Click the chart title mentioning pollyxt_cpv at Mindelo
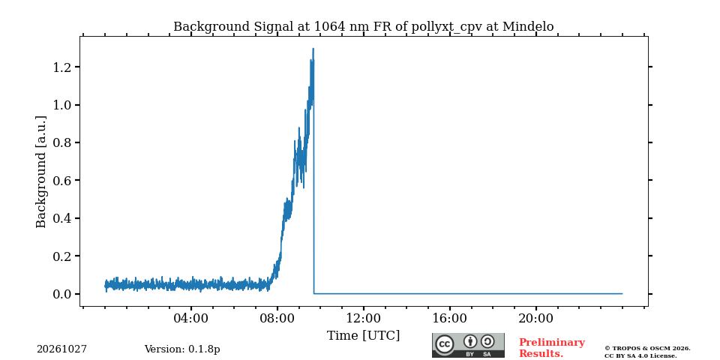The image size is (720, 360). click(363, 27)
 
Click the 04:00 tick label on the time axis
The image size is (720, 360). click(191, 319)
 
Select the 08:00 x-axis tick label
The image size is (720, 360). click(277, 319)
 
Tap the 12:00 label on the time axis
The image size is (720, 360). click(363, 319)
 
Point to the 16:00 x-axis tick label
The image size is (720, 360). click(449, 319)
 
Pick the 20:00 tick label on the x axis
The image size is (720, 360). click(535, 319)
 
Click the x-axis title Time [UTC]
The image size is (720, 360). click(363, 336)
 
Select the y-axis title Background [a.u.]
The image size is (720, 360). click(41, 172)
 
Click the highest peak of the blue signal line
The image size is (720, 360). click(313, 48)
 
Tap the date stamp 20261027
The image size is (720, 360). click(62, 349)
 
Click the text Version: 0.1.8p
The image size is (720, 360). click(182, 349)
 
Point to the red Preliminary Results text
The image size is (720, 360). click(551, 348)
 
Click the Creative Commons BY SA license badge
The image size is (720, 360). click(468, 345)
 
